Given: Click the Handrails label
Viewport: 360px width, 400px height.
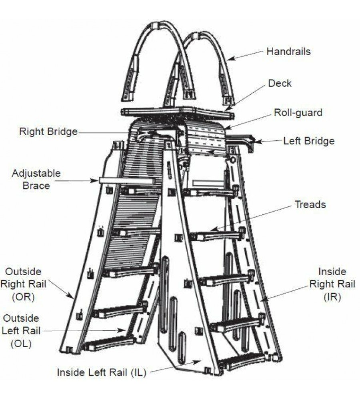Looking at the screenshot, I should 288,52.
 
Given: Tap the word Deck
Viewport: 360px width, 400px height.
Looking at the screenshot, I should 280,83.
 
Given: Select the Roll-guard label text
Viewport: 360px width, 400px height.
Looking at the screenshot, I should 298,112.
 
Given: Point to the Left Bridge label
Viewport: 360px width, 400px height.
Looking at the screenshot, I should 309,141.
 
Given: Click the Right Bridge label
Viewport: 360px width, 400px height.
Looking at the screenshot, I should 48,132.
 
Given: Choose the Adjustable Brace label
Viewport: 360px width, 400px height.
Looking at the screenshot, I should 36,179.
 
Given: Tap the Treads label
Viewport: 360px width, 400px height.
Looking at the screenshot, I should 310,204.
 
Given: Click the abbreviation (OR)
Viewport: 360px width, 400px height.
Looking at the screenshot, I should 23,297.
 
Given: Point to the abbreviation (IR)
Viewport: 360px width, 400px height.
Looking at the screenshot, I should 332,297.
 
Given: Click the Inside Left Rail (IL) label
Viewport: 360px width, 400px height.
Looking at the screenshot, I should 102,372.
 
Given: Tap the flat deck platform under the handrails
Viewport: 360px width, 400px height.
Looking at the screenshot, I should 176,112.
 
